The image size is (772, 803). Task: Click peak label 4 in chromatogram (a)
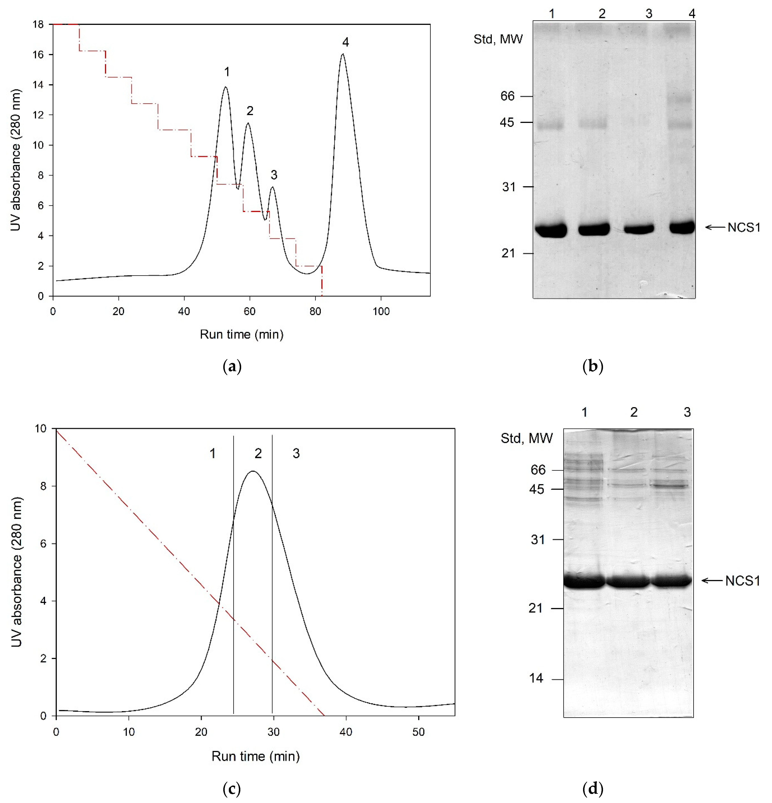point(345,42)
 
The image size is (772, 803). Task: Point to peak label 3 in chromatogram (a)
point(274,175)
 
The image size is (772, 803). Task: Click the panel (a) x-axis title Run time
point(241,335)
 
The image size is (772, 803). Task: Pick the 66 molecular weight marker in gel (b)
point(507,96)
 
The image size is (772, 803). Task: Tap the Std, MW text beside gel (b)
point(498,39)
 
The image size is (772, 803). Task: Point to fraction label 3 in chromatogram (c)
point(296,454)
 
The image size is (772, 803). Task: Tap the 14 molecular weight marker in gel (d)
point(536,678)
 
